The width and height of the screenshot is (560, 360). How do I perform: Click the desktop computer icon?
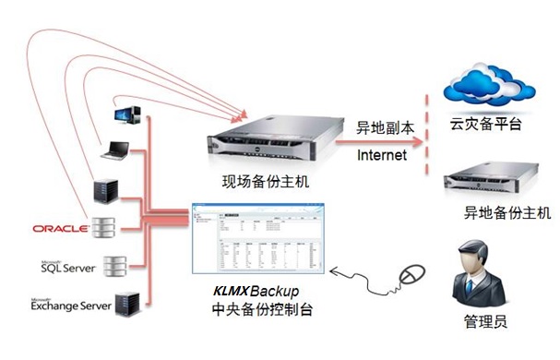[127, 114]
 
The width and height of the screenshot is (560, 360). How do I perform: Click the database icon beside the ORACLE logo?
[113, 226]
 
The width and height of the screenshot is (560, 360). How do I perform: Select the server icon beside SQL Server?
[113, 266]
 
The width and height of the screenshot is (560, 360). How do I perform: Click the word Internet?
[382, 155]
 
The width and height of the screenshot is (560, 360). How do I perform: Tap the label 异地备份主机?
[507, 212]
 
